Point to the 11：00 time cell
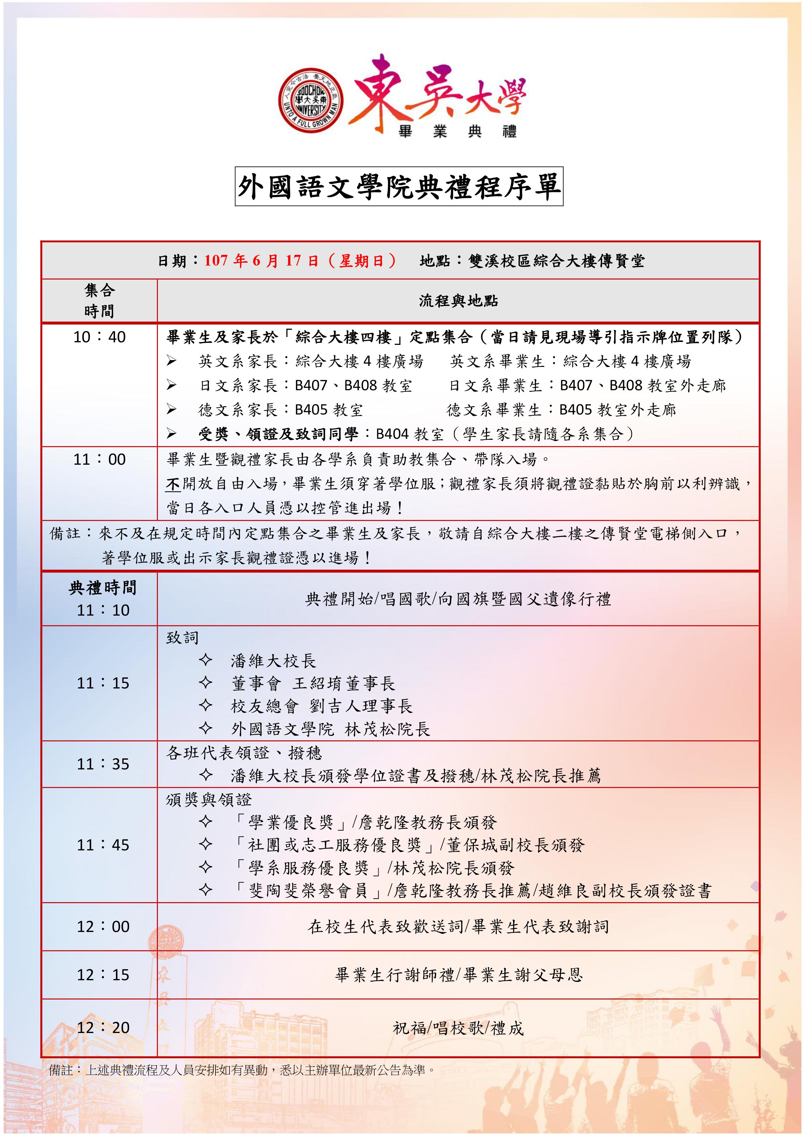(x=99, y=459)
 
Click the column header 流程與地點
(x=458, y=301)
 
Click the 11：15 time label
(x=103, y=683)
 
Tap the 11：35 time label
(x=103, y=764)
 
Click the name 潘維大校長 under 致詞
(x=273, y=661)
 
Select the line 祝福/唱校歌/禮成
(x=458, y=1028)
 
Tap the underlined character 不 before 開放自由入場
(x=173, y=484)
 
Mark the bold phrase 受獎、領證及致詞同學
(x=278, y=434)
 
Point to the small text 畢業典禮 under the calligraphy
(x=458, y=131)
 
